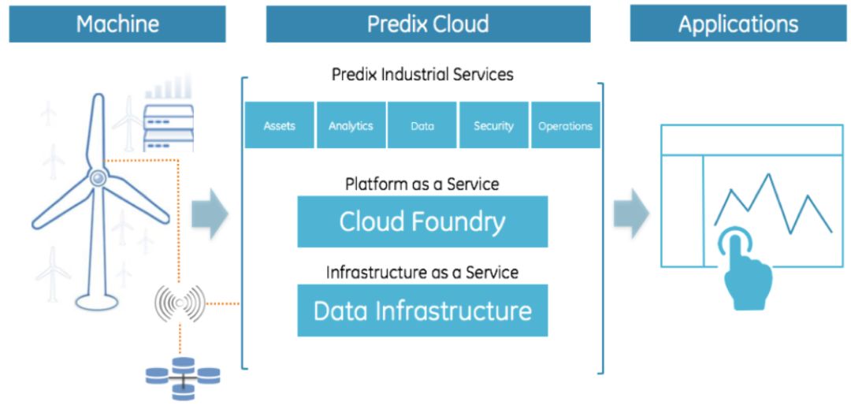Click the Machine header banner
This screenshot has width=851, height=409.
click(117, 24)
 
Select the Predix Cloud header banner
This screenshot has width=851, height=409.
click(428, 24)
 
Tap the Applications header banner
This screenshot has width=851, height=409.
click(738, 24)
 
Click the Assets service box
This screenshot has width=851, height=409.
click(280, 125)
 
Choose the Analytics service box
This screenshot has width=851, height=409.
click(351, 125)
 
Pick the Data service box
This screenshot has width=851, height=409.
click(422, 125)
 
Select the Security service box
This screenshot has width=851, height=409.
click(494, 125)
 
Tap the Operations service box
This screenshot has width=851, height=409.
click(566, 125)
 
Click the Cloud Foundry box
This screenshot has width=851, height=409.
click(423, 222)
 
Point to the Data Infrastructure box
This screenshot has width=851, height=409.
click(423, 310)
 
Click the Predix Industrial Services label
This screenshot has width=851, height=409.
click(423, 74)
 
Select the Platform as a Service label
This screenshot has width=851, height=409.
click(422, 184)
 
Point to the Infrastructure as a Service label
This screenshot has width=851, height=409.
click(422, 272)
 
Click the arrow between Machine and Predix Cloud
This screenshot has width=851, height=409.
click(210, 214)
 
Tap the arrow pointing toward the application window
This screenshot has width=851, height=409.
click(631, 214)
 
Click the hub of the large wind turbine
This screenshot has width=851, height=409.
click(98, 177)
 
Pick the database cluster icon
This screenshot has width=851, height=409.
click(184, 378)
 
